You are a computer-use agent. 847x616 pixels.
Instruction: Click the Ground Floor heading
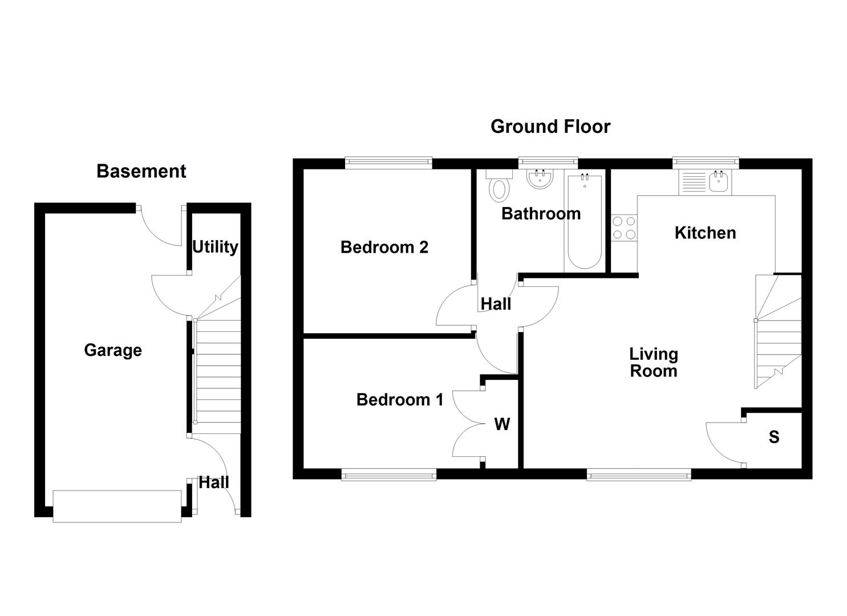[550, 126]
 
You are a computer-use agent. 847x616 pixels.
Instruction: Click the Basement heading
[141, 171]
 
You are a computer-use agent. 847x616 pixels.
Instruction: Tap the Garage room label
[113, 350]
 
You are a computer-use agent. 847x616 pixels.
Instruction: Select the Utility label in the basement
[215, 247]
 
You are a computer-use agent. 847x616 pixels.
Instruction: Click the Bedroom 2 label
[384, 247]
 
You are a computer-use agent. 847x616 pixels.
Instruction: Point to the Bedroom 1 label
[399, 399]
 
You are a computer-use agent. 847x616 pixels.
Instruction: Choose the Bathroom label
[541, 213]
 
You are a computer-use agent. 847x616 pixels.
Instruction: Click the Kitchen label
[705, 233]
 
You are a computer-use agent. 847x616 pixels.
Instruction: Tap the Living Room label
[654, 362]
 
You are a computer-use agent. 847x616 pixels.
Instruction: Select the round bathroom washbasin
[539, 179]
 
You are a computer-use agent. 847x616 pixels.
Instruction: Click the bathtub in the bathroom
[584, 222]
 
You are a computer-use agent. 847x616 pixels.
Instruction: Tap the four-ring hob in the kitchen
[624, 228]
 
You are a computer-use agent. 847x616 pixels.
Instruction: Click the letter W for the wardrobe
[502, 424]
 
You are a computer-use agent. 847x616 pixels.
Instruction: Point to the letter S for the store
[773, 437]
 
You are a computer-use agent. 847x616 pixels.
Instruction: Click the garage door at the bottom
[117, 506]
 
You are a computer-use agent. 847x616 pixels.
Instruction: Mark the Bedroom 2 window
[388, 163]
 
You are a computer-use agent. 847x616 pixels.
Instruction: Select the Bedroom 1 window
[388, 474]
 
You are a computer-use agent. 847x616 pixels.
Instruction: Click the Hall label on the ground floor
[496, 304]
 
